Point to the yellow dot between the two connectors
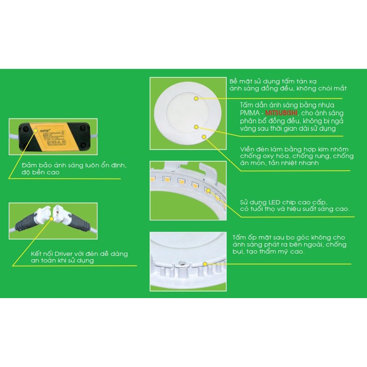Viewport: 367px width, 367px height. [53, 219]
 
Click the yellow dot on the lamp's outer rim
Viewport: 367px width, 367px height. [204, 136]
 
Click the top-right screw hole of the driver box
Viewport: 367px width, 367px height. [83, 127]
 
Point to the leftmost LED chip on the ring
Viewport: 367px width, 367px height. [153, 179]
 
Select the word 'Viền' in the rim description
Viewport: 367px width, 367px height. [247, 149]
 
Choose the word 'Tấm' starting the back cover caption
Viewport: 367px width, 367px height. [240, 238]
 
